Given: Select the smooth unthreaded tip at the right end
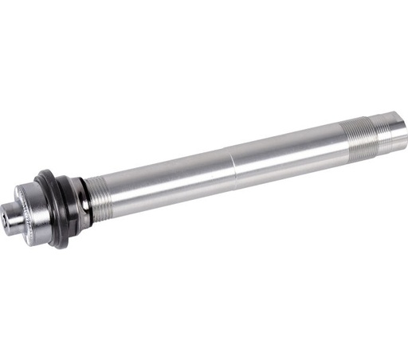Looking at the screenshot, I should coord(392,125).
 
